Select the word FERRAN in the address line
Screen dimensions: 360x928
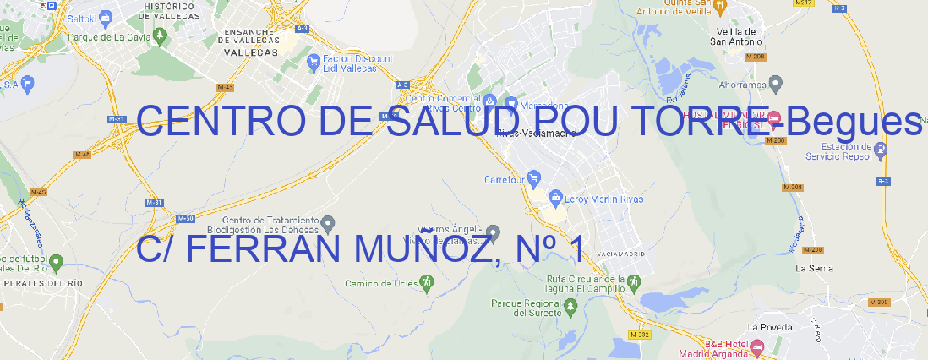pos(267,249)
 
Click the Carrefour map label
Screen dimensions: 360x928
pos(505,179)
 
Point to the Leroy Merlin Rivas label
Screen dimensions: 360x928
pos(604,199)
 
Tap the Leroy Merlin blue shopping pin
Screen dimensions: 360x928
pos(555,198)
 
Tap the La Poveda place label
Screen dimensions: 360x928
pos(769,327)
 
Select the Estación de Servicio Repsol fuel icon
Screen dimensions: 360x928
pos(882,150)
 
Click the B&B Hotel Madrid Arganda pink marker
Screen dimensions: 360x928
pos(757,346)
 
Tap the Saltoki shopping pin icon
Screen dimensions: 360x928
pos(105,16)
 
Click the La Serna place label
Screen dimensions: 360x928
pos(815,268)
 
